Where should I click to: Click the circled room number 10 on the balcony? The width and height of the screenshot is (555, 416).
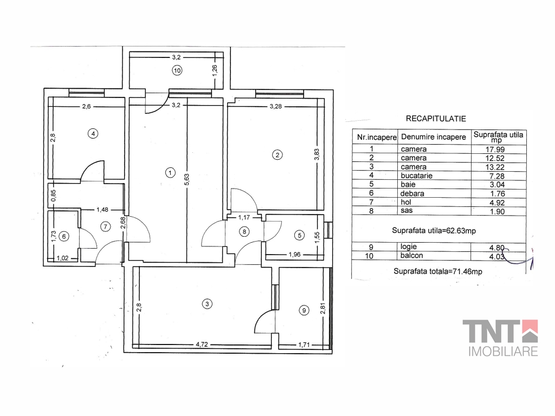point(177,70)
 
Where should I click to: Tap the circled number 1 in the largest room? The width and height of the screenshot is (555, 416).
point(170,173)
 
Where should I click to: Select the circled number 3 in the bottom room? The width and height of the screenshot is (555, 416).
point(207,303)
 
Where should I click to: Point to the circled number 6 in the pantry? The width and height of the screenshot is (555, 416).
point(64,236)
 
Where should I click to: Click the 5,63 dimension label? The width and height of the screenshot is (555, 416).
point(187,179)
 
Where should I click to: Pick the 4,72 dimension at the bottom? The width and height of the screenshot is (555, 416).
point(202,344)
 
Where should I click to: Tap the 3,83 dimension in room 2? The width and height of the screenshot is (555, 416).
point(317,154)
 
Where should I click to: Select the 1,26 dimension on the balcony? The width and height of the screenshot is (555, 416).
point(215,69)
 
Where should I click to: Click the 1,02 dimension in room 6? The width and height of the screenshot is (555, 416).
point(63,258)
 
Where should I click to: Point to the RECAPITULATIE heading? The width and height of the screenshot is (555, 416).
point(436,119)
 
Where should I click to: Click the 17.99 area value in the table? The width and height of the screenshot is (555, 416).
point(495,149)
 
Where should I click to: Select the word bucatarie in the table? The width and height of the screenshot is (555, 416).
point(417,175)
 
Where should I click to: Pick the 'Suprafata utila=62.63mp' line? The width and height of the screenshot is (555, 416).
point(434,231)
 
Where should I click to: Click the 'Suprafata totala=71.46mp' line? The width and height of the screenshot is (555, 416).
point(438,272)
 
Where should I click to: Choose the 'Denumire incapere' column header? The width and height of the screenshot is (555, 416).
point(434,137)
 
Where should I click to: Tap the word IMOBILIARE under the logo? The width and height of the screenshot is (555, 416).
point(503,351)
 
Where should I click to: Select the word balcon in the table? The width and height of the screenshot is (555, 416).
point(412,256)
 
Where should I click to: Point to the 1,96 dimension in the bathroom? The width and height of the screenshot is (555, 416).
point(294,255)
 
